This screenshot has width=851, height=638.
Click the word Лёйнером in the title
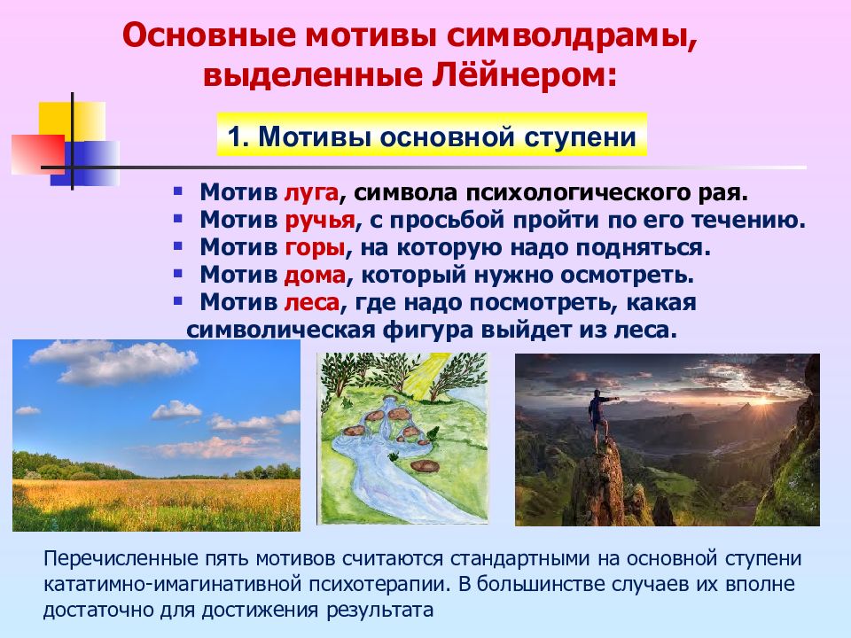point(524,75)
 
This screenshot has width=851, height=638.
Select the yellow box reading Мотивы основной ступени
point(432,135)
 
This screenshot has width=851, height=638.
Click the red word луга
point(312,192)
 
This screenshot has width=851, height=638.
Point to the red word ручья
point(320,220)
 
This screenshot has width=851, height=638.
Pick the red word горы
point(315,247)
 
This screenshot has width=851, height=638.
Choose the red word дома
point(315,275)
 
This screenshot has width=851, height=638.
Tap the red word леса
point(312,301)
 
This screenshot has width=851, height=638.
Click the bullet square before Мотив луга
point(177,191)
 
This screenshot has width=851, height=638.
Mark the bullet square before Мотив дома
point(177,273)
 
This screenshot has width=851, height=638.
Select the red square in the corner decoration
point(38,154)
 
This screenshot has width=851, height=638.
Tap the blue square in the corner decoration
point(86,164)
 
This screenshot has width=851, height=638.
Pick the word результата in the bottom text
point(380,611)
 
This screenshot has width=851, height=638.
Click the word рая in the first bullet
point(729,192)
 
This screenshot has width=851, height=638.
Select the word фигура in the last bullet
point(423,330)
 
